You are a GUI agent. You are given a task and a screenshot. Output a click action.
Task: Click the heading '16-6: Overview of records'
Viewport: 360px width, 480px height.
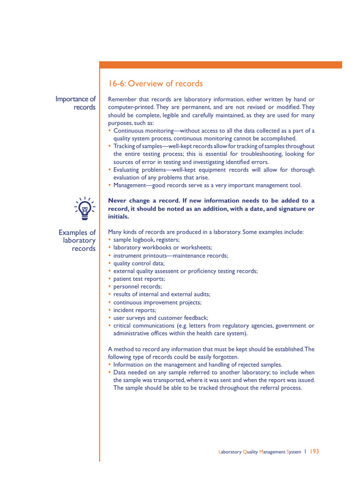pyautogui.click(x=155, y=84)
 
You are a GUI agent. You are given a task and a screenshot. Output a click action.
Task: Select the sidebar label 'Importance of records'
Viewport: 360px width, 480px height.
pyautogui.click(x=75, y=103)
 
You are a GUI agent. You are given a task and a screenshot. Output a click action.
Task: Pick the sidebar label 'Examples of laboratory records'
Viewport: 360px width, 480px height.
pyautogui.click(x=77, y=240)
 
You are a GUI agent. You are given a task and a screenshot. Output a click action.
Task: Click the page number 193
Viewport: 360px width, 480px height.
pyautogui.click(x=315, y=451)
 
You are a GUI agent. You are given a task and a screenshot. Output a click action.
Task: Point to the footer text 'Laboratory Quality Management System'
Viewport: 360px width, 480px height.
pyautogui.click(x=260, y=452)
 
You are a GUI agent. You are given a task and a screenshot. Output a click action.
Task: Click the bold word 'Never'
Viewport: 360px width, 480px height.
pyautogui.click(x=118, y=200)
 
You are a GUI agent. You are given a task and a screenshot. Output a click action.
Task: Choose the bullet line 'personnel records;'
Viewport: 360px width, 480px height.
pyautogui.click(x=138, y=286)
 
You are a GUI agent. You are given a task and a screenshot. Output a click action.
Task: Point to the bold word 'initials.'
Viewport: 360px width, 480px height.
pyautogui.click(x=119, y=217)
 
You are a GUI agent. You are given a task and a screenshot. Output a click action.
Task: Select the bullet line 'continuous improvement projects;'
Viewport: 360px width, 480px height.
pyautogui.click(x=157, y=302)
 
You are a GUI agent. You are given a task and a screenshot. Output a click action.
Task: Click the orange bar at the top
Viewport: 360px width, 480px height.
pyautogui.click(x=220, y=65)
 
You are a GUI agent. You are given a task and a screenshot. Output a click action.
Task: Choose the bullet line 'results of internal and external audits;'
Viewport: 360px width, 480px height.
pyautogui.click(x=162, y=294)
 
